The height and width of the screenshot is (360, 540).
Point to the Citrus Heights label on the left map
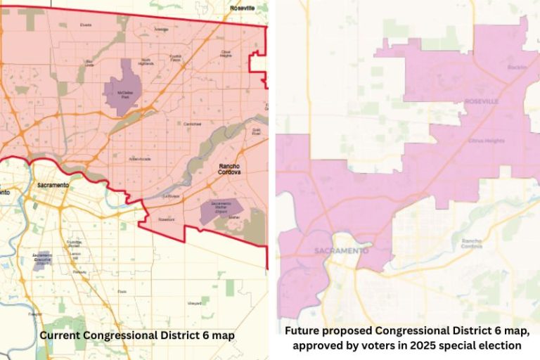[226, 54]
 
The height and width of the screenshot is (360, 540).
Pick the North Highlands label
[146, 63]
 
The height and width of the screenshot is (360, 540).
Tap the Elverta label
[86, 25]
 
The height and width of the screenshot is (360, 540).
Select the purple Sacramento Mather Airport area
[220, 210]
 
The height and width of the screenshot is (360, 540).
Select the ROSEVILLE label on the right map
[481, 102]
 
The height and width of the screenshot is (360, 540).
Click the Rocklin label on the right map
[517, 67]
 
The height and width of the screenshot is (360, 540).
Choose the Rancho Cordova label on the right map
[471, 245]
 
